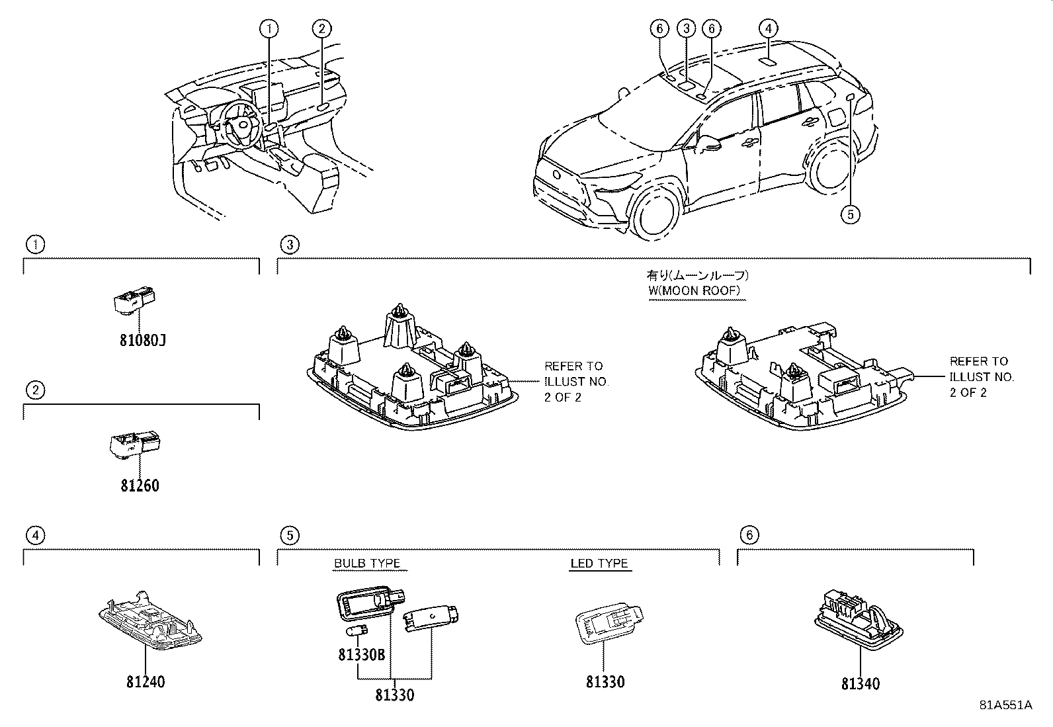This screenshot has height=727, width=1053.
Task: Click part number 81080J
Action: (x=143, y=341)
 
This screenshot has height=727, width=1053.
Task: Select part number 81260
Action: (x=140, y=486)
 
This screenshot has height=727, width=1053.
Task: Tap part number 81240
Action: (x=146, y=681)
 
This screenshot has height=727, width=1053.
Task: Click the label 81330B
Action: (x=361, y=655)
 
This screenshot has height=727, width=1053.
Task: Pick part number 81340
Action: (x=861, y=684)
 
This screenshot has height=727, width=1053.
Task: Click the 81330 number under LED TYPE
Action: (x=605, y=682)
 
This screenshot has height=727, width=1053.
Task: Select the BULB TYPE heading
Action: (x=367, y=564)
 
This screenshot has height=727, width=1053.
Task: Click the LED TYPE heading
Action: (x=599, y=564)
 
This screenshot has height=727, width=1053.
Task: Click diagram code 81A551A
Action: (x=1005, y=705)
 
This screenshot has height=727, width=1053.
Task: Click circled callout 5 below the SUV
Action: (x=851, y=214)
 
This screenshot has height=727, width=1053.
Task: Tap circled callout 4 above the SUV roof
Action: (x=767, y=28)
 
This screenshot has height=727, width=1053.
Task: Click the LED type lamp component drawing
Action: (x=607, y=622)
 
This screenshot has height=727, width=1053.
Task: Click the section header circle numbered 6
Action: (x=748, y=535)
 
